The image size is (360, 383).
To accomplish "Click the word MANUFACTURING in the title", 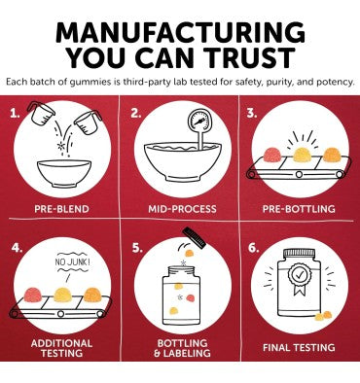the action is pos(180,33).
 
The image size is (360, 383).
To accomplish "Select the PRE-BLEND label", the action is pos(61,209).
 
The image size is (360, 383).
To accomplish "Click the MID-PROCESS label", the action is pos(182,209).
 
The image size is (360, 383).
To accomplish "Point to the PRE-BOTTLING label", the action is pos(299,209).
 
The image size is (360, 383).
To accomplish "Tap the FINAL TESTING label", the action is pos(299,348).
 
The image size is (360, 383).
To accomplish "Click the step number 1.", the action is pos(15,114).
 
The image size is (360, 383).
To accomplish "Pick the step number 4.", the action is pos(18,248).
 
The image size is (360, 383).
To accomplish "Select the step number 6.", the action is pos(253,248).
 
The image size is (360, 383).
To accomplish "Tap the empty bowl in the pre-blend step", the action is pos(64,173).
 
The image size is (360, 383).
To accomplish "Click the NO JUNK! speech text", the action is pos(72,261).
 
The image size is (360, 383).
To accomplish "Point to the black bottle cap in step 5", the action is pos(195,238).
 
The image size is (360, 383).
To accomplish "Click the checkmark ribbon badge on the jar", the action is pos(300,278).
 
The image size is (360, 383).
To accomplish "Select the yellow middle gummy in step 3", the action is pos(303,155).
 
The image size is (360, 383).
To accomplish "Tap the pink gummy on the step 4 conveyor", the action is pos(33,296).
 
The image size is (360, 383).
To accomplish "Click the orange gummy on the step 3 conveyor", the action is pos(332,155).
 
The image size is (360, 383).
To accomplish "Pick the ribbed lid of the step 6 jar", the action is pos(299,252).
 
